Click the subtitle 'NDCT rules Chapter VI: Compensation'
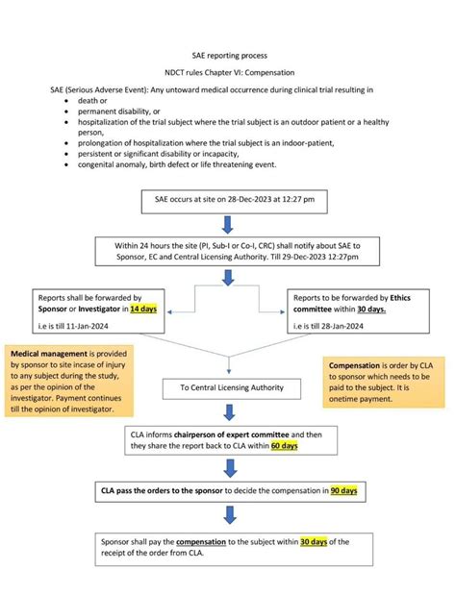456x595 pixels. coord(228,73)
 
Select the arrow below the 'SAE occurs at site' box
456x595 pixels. coord(228,225)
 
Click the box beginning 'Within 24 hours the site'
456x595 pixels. coord(228,253)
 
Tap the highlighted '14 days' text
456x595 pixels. coord(144,310)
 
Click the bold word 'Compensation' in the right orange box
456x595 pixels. coord(357,366)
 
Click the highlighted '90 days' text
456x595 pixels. coord(343,490)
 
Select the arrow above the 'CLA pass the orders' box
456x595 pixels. coord(228,468)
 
